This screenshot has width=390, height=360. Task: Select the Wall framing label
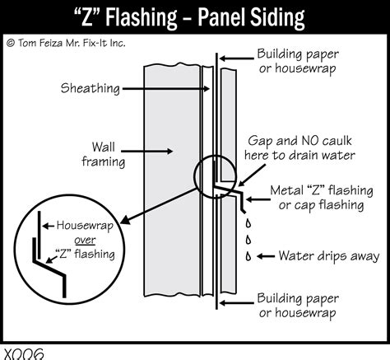click(103, 152)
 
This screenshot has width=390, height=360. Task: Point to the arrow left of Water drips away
click(265, 255)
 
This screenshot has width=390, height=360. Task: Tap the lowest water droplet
click(248, 257)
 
